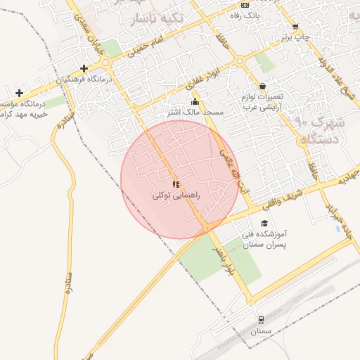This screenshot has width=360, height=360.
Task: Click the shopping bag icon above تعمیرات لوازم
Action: pyautogui.click(x=262, y=86)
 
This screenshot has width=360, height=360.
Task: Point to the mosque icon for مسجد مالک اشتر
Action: pyautogui.click(x=195, y=103)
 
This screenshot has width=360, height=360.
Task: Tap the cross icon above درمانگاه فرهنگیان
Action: pyautogui.click(x=84, y=68)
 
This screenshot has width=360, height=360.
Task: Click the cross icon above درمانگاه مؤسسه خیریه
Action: pyautogui.click(x=19, y=93)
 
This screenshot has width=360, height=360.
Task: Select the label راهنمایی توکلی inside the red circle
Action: pyautogui.click(x=176, y=195)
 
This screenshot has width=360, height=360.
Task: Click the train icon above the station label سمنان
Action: pyautogui.click(x=261, y=319)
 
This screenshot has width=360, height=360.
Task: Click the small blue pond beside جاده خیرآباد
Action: pyautogui.click(x=339, y=229)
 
